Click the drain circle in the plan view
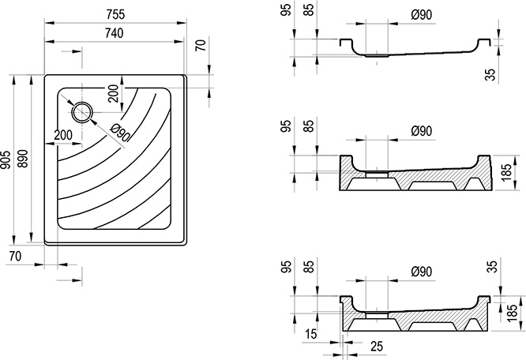pos(82,112)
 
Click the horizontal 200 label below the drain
pos(66,136)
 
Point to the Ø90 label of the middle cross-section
pos(422,130)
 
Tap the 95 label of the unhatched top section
pos(285,14)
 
